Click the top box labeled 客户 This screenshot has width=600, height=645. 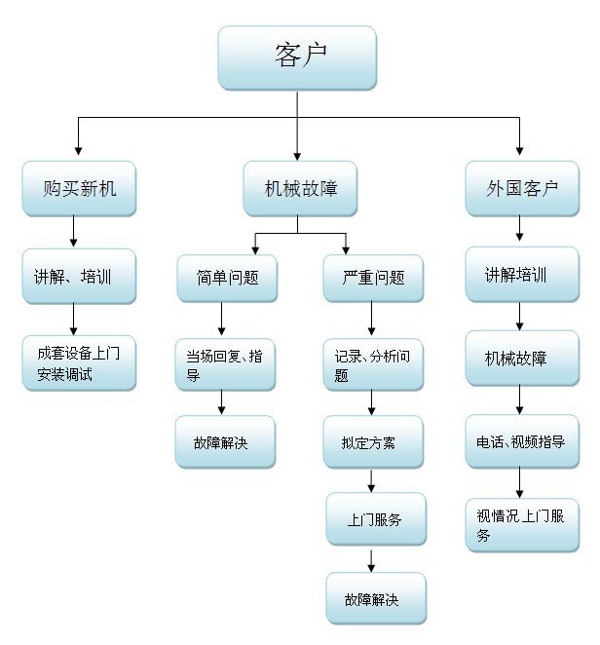297,57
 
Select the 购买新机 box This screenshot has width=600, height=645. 79,188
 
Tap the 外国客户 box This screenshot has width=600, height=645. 522,188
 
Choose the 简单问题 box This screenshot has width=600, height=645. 227,278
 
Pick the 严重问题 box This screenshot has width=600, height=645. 373,278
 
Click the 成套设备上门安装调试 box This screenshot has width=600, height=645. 79,362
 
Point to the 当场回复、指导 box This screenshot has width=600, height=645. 225,364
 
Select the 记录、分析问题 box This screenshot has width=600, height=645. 373,364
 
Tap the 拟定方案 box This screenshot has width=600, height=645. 373,441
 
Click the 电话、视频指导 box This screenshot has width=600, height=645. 522,441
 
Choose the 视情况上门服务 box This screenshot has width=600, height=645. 522,525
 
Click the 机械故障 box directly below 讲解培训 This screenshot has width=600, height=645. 522,358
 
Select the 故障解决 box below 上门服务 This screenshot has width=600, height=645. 376,598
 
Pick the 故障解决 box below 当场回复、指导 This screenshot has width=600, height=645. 225,441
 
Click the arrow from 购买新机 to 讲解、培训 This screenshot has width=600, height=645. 74,231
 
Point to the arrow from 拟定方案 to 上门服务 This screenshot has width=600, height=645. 371,481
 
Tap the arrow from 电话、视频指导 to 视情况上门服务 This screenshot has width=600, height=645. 519,482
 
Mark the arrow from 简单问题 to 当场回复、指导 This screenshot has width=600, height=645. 222,319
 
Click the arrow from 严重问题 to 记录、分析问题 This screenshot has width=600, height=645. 371,318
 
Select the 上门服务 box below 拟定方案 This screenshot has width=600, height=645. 376,519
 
